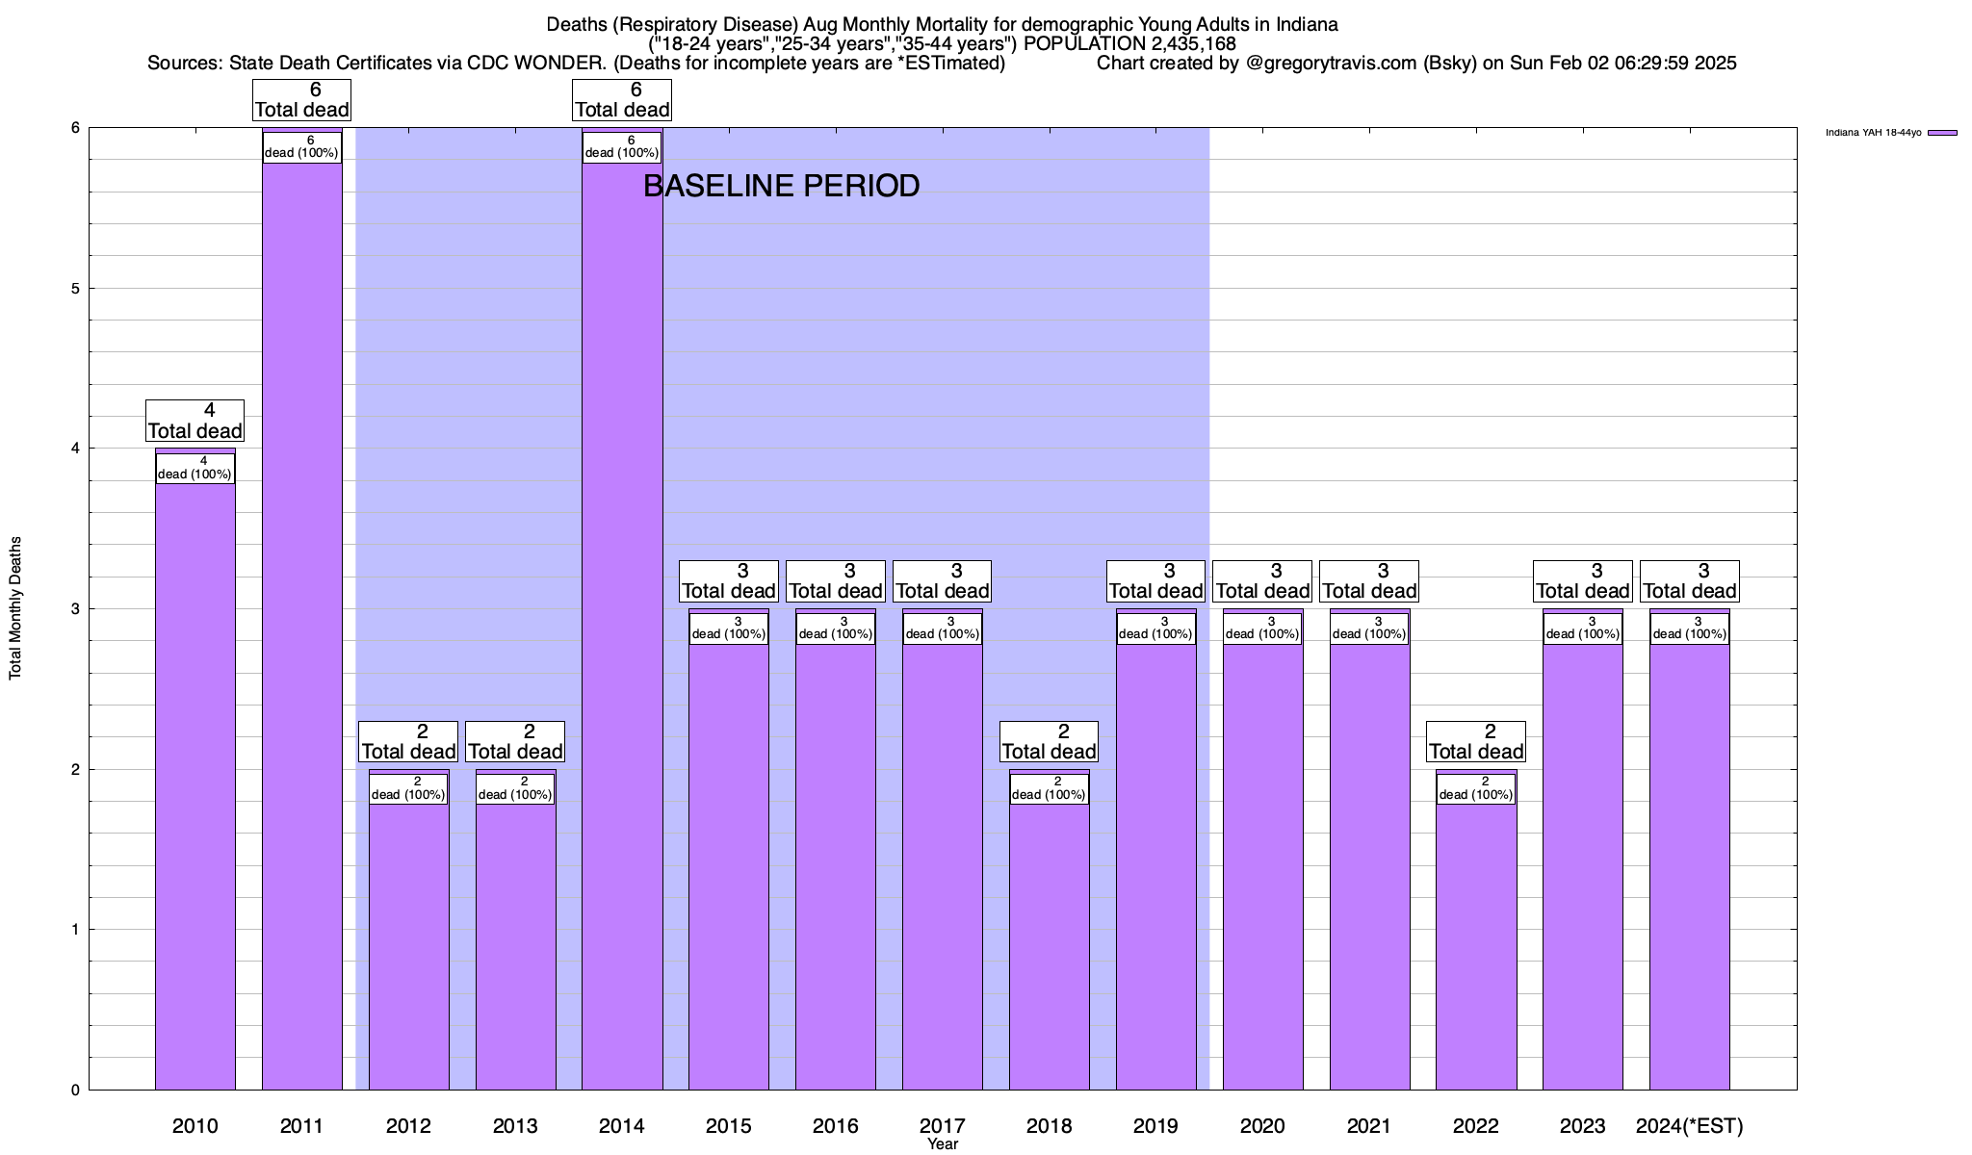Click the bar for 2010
(195, 789)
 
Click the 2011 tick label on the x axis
(301, 1125)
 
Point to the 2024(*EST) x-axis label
(1690, 1125)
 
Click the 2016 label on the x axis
(835, 1125)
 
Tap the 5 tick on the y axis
(74, 289)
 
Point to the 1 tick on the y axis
(74, 930)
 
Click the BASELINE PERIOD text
(781, 186)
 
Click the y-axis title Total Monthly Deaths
(15, 608)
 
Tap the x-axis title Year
(943, 1144)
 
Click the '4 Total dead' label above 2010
(195, 422)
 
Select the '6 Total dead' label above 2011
(301, 100)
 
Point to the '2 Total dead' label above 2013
(515, 742)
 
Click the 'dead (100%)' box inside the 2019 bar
(1156, 629)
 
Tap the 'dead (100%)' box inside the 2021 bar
(1369, 629)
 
